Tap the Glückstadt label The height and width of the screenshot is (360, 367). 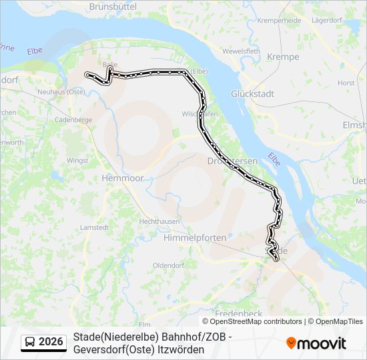(x=253, y=94)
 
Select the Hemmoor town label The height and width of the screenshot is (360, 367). (x=119, y=179)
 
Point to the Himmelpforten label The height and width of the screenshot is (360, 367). (x=195, y=237)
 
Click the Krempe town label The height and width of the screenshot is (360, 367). (x=283, y=57)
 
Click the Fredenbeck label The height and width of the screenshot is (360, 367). (x=235, y=313)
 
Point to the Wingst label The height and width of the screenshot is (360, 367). (x=77, y=161)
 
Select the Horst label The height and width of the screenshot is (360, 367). (x=346, y=83)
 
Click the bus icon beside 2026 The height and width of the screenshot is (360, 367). (x=30, y=343)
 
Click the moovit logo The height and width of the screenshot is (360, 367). (x=316, y=343)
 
